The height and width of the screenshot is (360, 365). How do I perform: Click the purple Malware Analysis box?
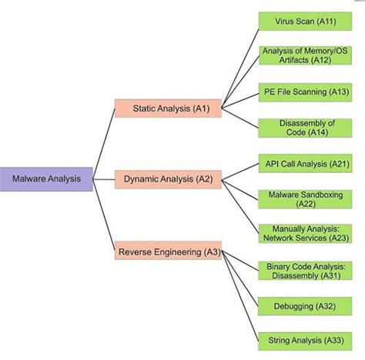47,180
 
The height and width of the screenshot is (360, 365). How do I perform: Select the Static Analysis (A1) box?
167,109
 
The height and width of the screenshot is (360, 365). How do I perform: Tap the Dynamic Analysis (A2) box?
167,180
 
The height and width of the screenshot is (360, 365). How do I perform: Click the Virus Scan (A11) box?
306,21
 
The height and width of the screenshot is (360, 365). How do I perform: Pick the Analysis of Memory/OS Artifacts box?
306,56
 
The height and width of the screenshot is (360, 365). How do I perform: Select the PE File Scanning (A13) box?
306,92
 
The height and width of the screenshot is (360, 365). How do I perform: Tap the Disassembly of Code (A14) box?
306,128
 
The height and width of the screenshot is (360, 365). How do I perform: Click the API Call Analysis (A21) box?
306,163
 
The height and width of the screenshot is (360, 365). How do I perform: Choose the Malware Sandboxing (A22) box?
306,199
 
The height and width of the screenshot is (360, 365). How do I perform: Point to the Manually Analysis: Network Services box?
306,234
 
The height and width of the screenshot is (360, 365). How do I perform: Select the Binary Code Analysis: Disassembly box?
306,270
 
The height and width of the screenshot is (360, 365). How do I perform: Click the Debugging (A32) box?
306,306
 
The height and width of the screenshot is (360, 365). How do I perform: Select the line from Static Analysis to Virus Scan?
241,63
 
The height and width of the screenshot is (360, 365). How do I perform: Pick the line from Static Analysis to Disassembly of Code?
241,118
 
